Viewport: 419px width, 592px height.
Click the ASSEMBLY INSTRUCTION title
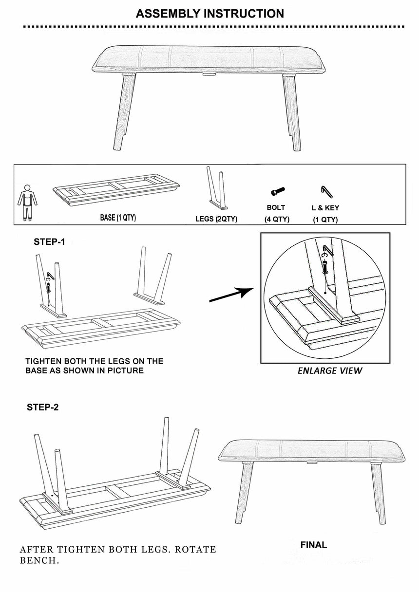[209, 14]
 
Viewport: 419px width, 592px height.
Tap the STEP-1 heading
[49, 242]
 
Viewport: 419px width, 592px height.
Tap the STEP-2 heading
[42, 407]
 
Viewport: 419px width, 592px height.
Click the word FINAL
[313, 545]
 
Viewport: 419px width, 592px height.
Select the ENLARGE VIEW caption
[330, 371]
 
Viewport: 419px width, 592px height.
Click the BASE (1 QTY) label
[118, 218]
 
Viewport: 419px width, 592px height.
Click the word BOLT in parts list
[276, 207]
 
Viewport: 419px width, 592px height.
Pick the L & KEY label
[325, 208]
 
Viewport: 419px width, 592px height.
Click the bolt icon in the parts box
[277, 191]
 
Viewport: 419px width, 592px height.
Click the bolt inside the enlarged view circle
[325, 266]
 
